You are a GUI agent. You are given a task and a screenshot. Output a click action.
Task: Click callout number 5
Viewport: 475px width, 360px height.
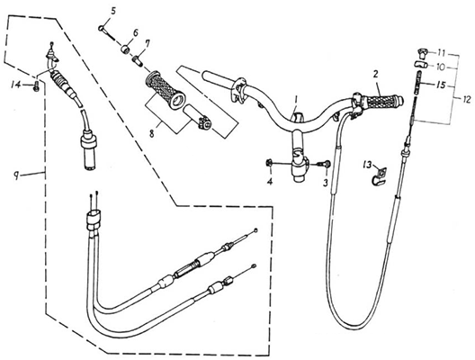[113, 12]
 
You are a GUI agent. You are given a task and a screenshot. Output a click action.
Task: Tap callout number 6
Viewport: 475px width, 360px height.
[136, 32]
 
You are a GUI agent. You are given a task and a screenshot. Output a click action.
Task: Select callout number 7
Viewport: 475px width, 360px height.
[147, 44]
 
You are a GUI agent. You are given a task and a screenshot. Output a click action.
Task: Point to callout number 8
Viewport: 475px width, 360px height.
[152, 133]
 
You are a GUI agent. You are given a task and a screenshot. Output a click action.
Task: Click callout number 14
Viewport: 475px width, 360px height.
[16, 85]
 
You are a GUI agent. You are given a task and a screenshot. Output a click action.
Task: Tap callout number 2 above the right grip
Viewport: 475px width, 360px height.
[375, 74]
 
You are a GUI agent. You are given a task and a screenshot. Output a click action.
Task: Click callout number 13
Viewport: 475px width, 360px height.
[367, 166]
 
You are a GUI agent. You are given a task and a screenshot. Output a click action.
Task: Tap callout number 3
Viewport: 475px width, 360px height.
[326, 183]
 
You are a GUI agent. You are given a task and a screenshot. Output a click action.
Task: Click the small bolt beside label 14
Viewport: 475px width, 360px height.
[36, 85]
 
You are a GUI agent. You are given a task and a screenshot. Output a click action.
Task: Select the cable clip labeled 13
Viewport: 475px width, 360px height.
[378, 176]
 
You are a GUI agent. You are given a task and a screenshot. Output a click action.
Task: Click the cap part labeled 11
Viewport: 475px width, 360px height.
[422, 54]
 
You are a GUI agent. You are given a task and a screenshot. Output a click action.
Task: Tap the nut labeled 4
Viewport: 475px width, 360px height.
[268, 163]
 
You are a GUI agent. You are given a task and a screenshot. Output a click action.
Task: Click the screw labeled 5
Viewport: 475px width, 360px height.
[107, 32]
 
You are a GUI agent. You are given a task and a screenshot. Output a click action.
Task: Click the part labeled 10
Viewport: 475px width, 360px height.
[421, 64]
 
